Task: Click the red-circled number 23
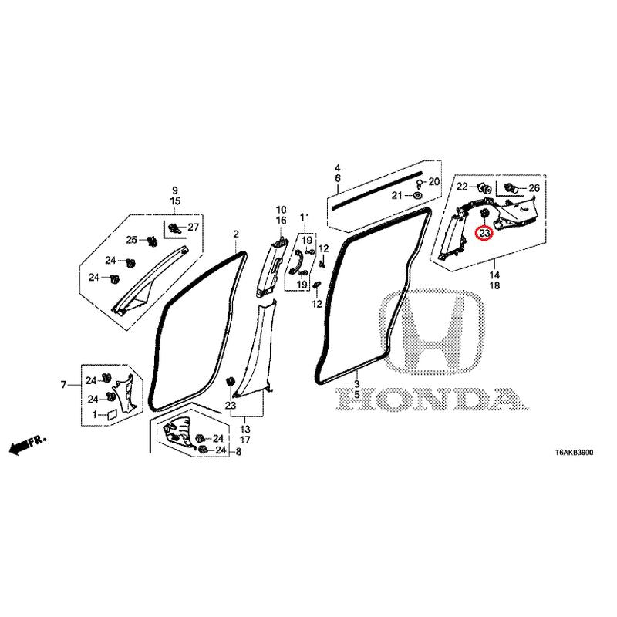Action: [x=484, y=234]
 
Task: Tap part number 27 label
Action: [x=194, y=227]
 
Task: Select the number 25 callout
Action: [x=131, y=240]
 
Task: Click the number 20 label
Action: [x=434, y=181]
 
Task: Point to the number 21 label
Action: [x=397, y=196]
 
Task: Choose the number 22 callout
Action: [x=462, y=187]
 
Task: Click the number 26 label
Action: [x=534, y=188]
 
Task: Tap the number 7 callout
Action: [x=64, y=384]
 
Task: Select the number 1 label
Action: [x=94, y=414]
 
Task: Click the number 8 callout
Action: [x=238, y=452]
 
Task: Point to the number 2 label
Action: [x=236, y=234]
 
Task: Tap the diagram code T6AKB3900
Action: [x=574, y=453]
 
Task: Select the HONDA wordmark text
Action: [x=432, y=399]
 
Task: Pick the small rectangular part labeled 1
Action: [x=112, y=415]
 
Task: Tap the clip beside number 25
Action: [x=151, y=241]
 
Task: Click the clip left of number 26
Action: [x=511, y=187]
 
